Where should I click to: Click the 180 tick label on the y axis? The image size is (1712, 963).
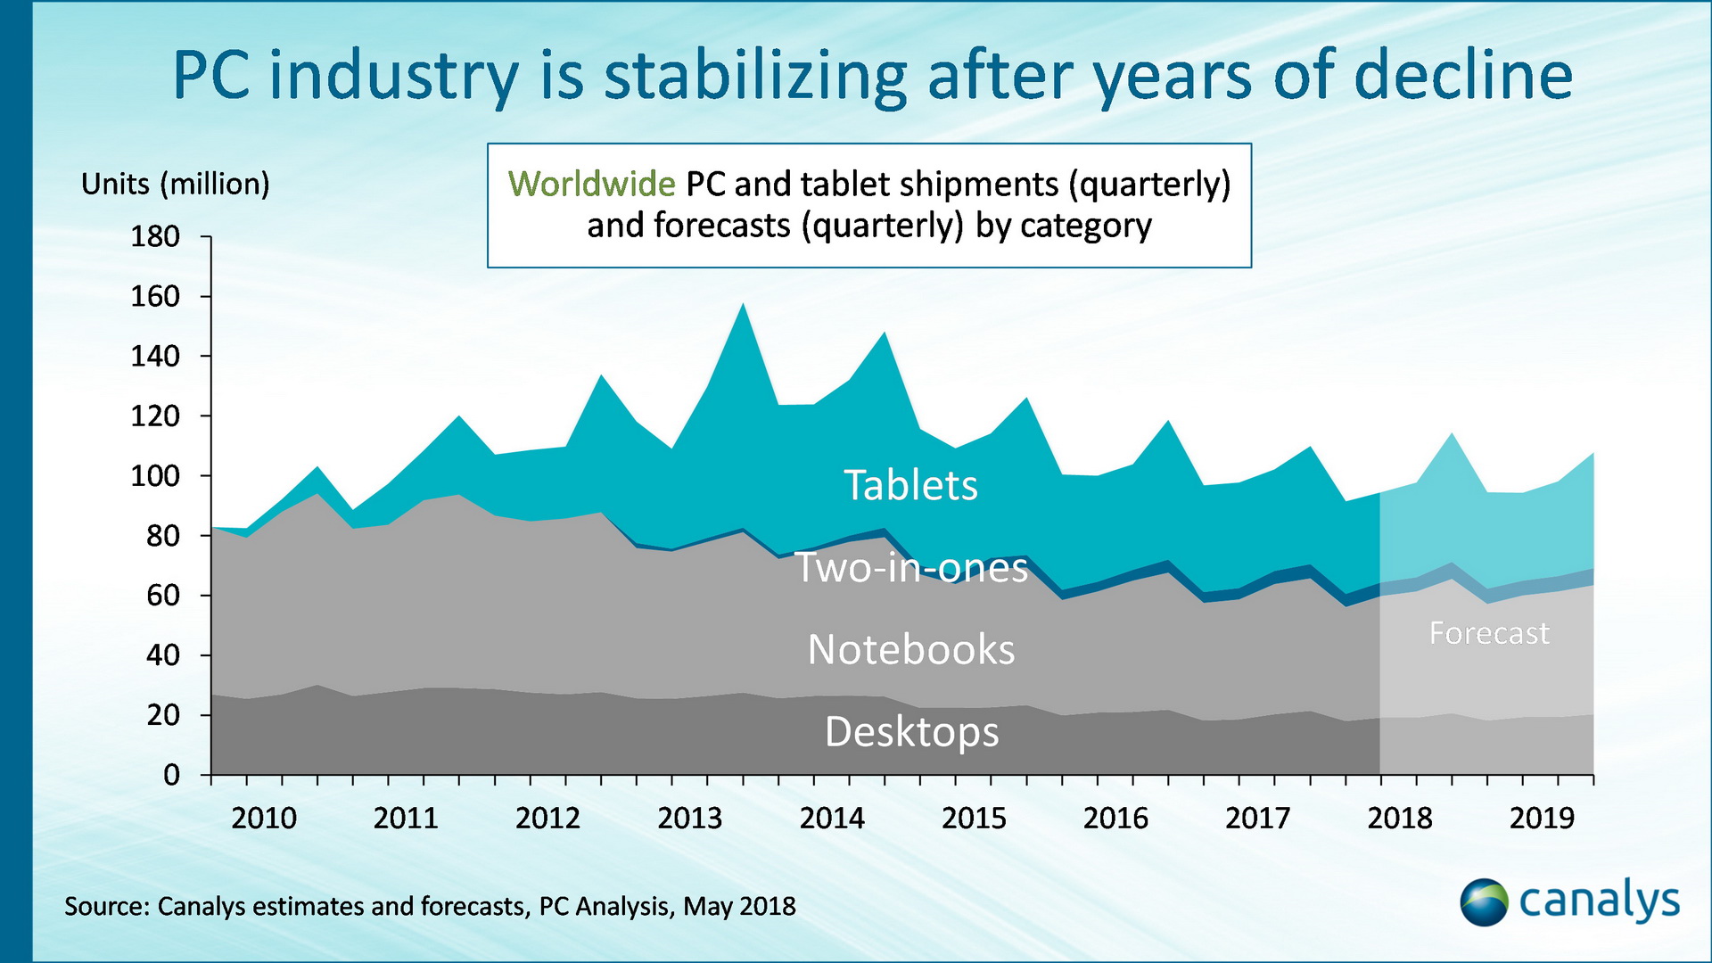pos(155,237)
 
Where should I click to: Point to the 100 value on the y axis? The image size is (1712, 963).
pos(155,476)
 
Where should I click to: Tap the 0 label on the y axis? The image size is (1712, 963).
pos(172,775)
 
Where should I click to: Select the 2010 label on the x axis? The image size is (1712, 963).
pos(264,818)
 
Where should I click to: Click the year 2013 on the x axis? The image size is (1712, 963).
pos(690,818)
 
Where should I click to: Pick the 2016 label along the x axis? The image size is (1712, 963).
pos(1115,818)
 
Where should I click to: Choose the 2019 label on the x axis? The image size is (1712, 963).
pos(1542,818)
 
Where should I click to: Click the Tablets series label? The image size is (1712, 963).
pos(910,486)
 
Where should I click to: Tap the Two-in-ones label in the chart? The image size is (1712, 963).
pos(911,568)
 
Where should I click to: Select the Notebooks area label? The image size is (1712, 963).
pos(910,649)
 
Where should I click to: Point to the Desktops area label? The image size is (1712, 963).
pos(911,732)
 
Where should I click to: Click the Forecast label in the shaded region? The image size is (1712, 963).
pos(1489,633)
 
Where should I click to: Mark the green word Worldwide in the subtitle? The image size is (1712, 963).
pos(591,185)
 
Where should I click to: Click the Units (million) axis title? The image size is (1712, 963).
pos(175,185)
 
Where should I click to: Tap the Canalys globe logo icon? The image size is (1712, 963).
pos(1484,902)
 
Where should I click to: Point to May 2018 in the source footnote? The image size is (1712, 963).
pos(739,907)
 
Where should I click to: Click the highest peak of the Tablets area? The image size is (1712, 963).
pos(743,305)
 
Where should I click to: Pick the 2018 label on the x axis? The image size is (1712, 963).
pos(1400,818)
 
